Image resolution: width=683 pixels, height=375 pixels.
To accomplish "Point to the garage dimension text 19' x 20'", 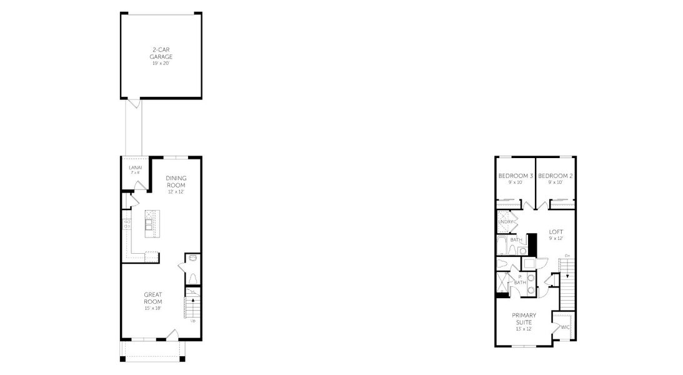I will (161, 63).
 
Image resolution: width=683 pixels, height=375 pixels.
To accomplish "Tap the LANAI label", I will (135, 167).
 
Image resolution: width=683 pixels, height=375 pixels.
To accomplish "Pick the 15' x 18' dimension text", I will (152, 309).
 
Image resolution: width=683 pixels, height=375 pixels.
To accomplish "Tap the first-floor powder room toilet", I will (193, 278).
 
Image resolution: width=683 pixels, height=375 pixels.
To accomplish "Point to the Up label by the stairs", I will (193, 321).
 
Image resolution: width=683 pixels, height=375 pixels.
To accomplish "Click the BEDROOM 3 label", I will (516, 176).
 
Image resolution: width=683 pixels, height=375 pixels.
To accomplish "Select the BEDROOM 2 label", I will (556, 176).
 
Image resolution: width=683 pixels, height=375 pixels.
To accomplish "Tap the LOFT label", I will (556, 232).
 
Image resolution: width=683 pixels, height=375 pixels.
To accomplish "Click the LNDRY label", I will (506, 222).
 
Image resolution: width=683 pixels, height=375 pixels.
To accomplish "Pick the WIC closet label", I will (565, 327).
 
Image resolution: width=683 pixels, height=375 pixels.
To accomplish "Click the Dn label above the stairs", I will (567, 256).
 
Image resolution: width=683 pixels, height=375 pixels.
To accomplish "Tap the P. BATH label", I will (520, 279).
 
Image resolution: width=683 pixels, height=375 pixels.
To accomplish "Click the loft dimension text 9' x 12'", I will (556, 239).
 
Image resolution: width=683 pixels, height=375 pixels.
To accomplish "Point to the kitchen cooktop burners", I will (127, 224).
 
